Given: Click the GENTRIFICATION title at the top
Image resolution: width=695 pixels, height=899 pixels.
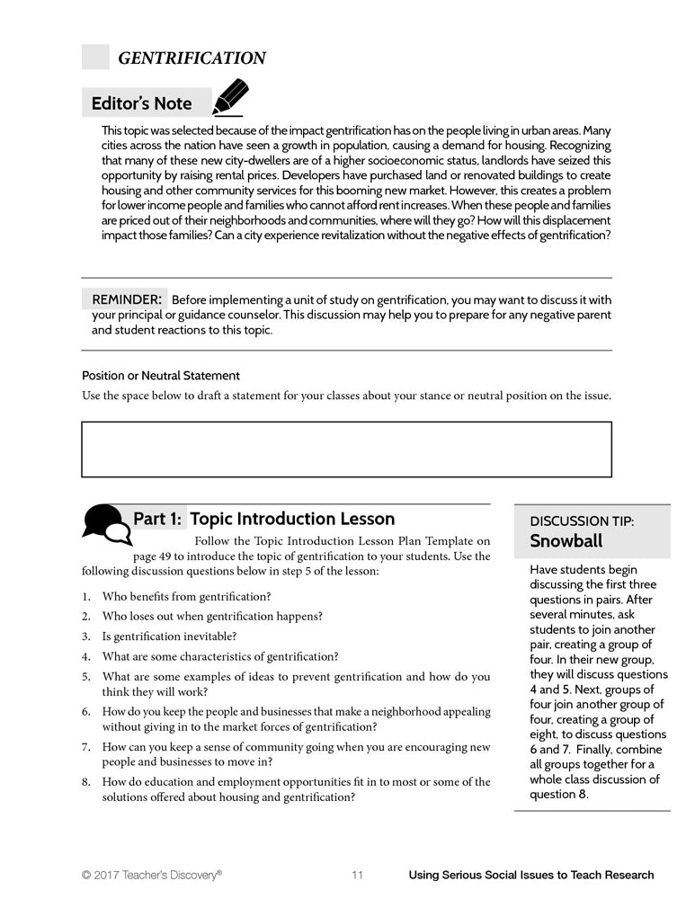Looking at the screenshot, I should click(192, 58).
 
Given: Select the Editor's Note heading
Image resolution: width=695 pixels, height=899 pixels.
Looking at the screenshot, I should click(141, 103).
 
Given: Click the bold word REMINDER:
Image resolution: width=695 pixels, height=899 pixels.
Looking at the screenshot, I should click(127, 298).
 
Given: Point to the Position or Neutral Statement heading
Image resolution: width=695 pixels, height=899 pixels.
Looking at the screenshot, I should click(161, 376).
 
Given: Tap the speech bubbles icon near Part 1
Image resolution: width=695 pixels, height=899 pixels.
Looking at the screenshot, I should click(106, 523).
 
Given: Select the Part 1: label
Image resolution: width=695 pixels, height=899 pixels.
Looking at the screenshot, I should click(158, 519).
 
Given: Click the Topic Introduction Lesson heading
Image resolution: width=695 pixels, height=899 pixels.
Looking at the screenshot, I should click(292, 519).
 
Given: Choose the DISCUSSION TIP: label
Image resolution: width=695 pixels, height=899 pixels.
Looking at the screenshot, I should click(581, 521).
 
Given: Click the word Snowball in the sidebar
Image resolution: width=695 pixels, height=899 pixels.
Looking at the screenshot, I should click(566, 541).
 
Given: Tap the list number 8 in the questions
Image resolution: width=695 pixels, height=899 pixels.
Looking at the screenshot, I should click(85, 782).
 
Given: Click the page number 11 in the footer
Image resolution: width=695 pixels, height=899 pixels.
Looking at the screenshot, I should click(357, 875).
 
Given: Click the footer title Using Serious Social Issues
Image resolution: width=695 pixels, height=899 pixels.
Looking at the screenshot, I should click(530, 875).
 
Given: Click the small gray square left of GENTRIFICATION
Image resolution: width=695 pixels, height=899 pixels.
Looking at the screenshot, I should click(95, 58).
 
